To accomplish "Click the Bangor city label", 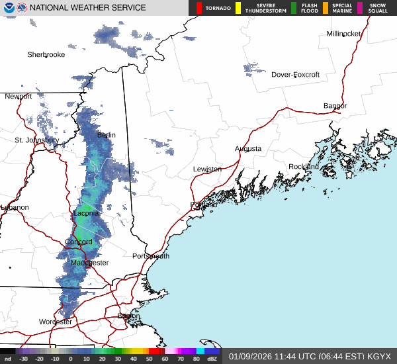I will point(335,106).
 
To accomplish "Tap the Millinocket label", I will point(343,34).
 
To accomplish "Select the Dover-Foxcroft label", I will point(295,75).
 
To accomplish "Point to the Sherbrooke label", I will point(46,55).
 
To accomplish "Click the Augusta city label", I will point(248,149).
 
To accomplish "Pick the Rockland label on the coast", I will point(304,167).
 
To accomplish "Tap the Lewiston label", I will point(207,169).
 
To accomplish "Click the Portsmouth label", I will point(151,256).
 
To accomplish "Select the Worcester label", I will point(56,322).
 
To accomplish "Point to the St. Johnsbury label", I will point(37,140).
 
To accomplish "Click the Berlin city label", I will point(107,135).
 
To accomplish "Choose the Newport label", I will point(19,97).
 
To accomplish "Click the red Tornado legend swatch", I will point(199,8).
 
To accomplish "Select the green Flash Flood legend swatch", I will point(294,8).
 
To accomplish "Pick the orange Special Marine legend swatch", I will point(326,8).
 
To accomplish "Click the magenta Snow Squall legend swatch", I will point(360,8).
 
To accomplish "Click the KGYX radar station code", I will point(380,356).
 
